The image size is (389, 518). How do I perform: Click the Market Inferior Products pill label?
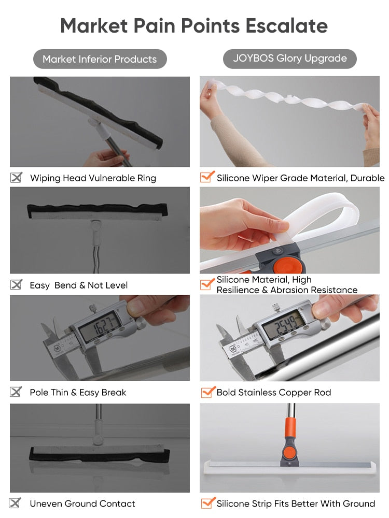(100, 59)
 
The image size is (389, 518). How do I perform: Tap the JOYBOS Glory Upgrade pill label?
(290, 59)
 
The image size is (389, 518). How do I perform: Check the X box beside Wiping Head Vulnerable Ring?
(16, 177)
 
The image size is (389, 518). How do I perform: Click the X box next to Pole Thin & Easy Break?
(16, 392)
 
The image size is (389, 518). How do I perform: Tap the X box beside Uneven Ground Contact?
(15, 503)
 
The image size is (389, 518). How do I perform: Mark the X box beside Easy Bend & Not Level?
(16, 284)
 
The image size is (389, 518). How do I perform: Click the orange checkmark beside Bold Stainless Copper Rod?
(208, 392)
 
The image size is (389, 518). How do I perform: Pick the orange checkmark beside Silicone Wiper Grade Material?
(207, 177)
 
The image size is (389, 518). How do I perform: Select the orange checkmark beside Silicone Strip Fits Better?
(208, 503)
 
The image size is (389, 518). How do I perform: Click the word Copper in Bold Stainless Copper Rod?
(295, 393)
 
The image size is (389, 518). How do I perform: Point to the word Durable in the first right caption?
(367, 178)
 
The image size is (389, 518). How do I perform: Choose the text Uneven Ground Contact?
(82, 503)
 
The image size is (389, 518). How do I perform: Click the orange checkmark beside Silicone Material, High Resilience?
(207, 284)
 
